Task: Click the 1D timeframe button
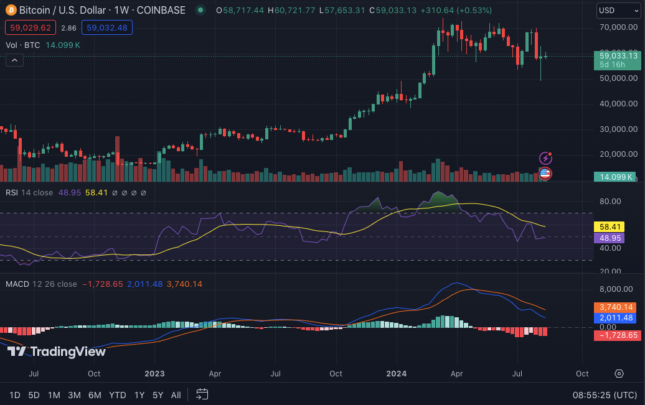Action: tap(15, 394)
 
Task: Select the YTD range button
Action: tap(118, 394)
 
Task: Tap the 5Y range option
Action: tap(158, 394)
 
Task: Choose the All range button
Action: tap(176, 394)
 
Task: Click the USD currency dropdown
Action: tap(616, 11)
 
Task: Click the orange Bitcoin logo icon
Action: tap(11, 11)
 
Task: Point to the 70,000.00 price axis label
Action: tap(618, 27)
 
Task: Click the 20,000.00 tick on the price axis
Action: tap(618, 154)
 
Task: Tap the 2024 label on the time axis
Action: tap(396, 373)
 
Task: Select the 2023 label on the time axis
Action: tap(154, 373)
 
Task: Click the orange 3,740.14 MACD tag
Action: tap(616, 307)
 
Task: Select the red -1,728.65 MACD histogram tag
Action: tap(616, 335)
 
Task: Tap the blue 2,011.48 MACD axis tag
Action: tap(616, 318)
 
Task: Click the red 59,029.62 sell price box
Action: tap(31, 27)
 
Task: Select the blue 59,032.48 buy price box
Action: tap(107, 27)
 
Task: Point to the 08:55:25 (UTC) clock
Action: tap(604, 394)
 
